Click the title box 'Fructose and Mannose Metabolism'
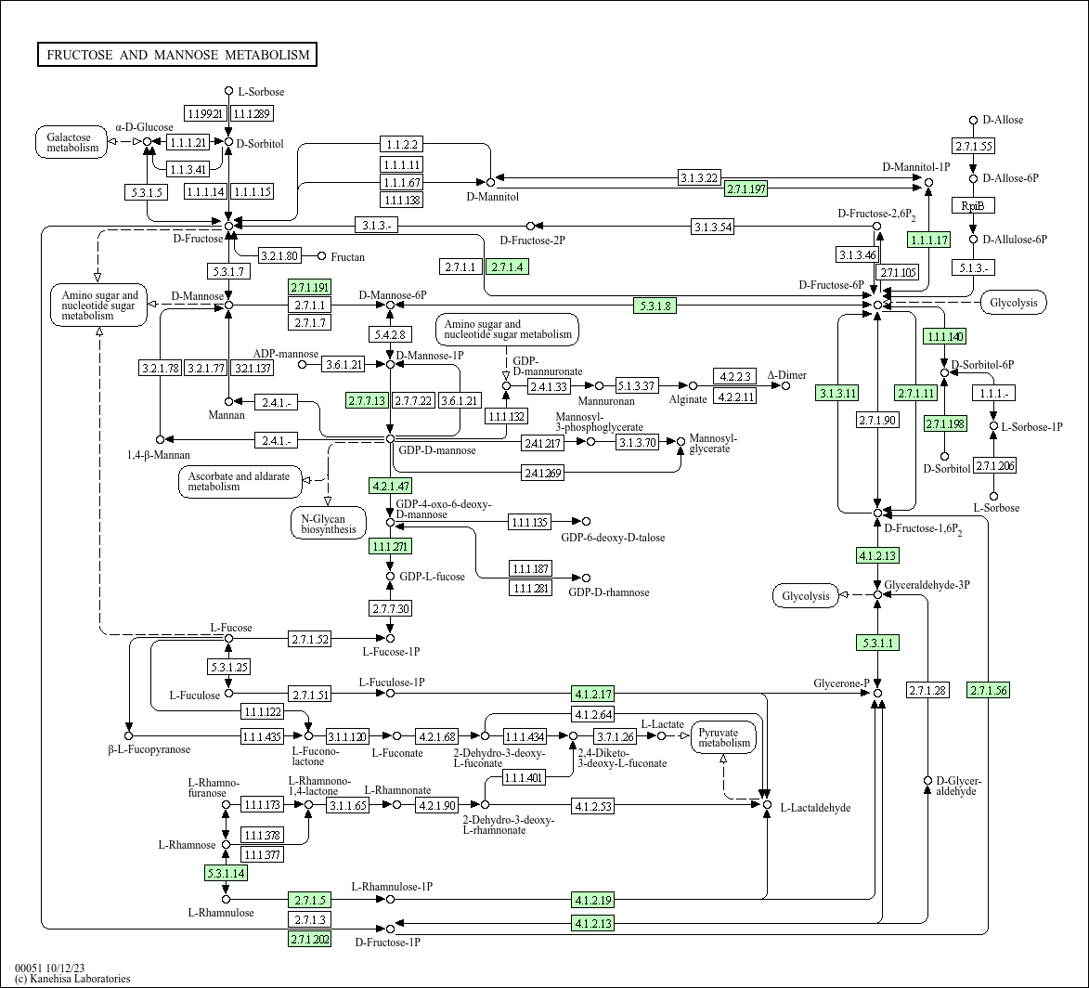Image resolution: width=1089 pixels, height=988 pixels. (x=177, y=55)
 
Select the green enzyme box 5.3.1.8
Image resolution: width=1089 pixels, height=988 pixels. (x=655, y=305)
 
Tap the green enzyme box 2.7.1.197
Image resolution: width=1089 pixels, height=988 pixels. (x=745, y=188)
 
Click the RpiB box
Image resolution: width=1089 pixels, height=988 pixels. (x=973, y=205)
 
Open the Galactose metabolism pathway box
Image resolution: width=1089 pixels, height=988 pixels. (x=73, y=142)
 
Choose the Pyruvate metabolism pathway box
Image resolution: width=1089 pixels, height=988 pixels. (x=724, y=737)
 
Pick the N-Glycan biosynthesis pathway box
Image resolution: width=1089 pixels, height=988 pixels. (x=329, y=524)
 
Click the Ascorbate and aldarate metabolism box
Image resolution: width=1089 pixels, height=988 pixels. (x=239, y=481)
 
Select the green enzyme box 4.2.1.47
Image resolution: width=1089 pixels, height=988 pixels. (x=391, y=486)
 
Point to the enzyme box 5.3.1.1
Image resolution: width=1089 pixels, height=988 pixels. (x=878, y=643)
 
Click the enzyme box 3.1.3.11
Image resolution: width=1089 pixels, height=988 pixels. (x=837, y=394)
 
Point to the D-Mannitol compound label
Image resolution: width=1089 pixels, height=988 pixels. (x=492, y=197)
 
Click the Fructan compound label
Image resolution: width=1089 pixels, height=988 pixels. (x=347, y=257)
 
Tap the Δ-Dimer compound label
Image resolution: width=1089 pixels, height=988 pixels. (x=787, y=374)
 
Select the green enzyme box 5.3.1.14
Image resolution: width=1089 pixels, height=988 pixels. (x=226, y=873)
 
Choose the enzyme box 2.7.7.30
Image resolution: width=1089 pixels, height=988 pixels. (x=390, y=608)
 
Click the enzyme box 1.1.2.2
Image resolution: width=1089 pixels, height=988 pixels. (x=401, y=145)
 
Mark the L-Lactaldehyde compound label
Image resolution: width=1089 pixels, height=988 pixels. (x=815, y=807)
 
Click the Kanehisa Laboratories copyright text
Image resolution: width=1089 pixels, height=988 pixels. (x=72, y=979)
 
